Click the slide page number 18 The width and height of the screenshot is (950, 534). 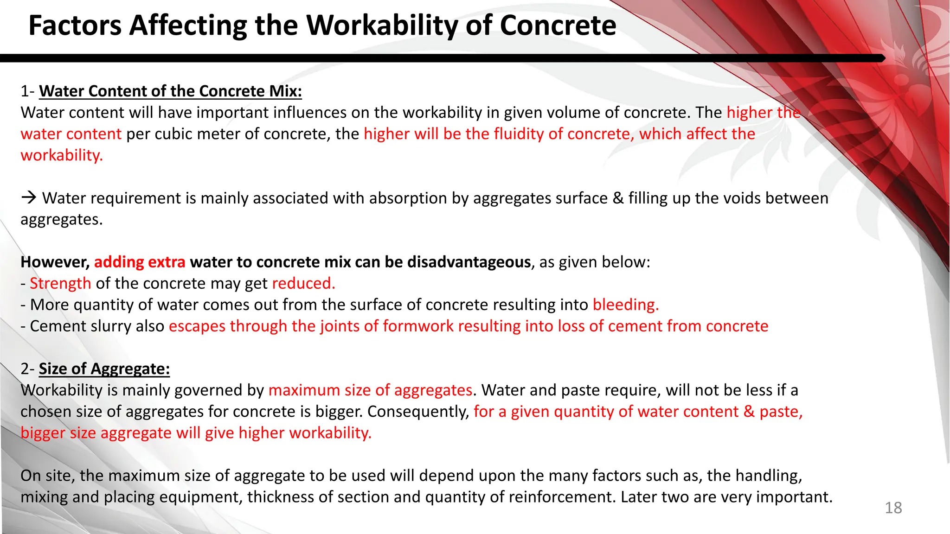click(893, 508)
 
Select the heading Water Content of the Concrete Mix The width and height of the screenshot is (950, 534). click(170, 91)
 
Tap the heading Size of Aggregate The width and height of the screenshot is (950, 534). click(104, 369)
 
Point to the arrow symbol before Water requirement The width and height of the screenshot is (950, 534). click(29, 198)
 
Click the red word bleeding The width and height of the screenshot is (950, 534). click(625, 305)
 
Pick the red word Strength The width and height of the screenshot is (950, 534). click(60, 283)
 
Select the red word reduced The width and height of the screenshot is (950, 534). click(303, 283)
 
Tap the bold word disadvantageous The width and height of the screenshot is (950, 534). click(469, 262)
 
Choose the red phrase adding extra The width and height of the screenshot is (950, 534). click(140, 262)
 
